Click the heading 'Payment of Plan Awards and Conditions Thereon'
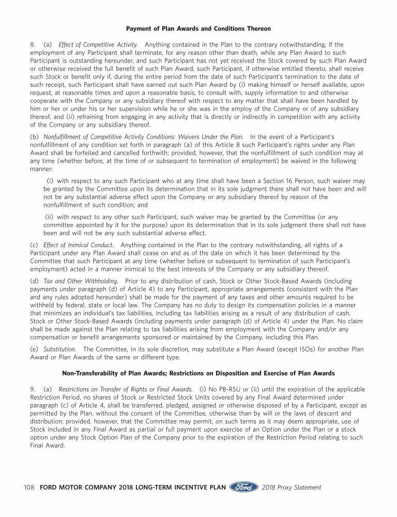[x=198, y=28]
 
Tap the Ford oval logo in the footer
[x=244, y=488]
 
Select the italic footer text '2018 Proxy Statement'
[x=292, y=488]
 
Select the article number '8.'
[x=33, y=45]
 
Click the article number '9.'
[x=33, y=389]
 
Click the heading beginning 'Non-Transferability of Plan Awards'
[x=198, y=373]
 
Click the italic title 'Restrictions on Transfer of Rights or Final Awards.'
[x=126, y=389]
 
